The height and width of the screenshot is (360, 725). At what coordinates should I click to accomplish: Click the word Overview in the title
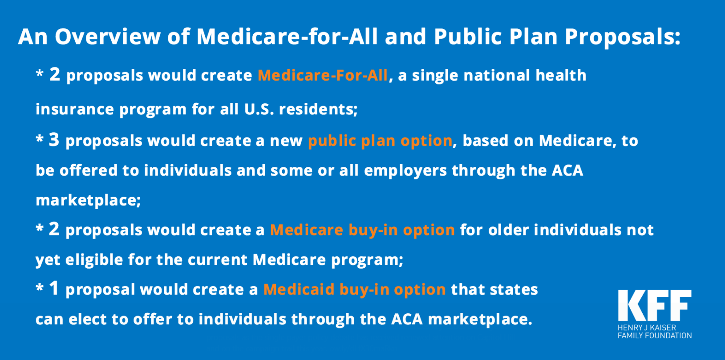click(108, 36)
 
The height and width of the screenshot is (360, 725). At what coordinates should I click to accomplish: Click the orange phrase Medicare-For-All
click(323, 75)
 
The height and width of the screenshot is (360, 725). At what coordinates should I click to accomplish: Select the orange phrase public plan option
click(380, 141)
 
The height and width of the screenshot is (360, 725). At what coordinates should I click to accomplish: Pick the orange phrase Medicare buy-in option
click(362, 230)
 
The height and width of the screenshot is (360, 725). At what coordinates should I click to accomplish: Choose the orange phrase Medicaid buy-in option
click(354, 289)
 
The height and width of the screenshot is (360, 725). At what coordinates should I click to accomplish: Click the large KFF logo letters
click(655, 305)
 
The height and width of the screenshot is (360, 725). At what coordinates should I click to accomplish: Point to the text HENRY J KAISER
click(647, 328)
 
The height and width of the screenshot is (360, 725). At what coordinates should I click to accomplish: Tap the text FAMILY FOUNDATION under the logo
click(655, 336)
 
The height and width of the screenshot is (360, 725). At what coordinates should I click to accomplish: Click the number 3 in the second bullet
click(54, 140)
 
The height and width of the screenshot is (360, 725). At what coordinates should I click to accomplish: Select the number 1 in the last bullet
click(54, 288)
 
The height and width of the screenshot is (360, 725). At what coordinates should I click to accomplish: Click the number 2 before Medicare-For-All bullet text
click(55, 74)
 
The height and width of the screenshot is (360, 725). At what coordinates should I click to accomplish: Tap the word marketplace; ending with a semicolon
click(89, 200)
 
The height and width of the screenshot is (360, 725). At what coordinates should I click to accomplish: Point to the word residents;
click(318, 109)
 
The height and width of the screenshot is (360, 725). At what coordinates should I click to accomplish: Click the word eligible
click(94, 259)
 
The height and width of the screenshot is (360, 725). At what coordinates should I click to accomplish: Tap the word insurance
click(75, 109)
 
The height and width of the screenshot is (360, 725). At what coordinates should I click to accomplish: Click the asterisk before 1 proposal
click(40, 287)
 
